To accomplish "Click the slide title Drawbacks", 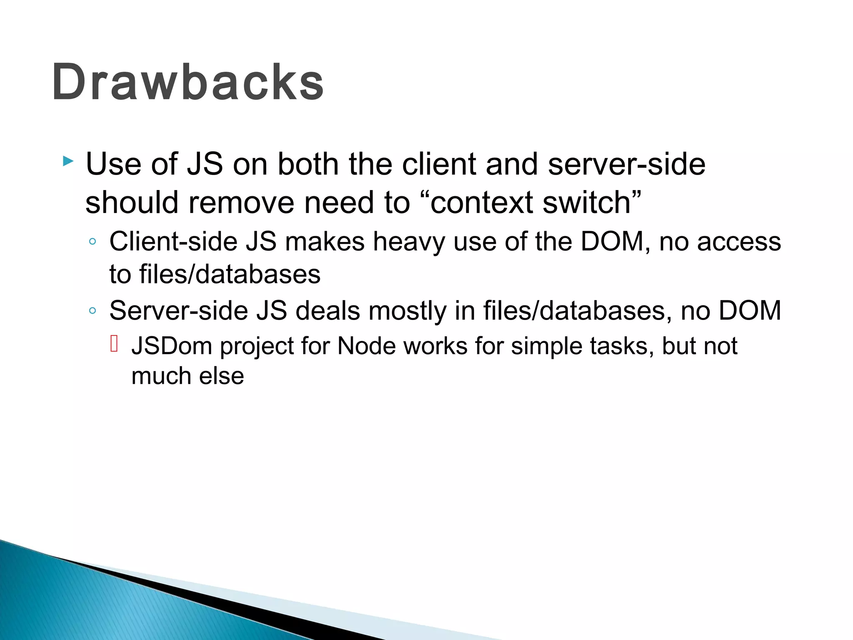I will pos(188,82).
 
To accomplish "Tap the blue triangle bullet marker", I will pos(68,161).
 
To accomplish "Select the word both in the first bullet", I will pos(308,164).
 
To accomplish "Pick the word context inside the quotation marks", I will pos(481,203).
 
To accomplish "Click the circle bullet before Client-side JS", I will pos(92,242).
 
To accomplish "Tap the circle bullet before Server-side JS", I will pos(92,310).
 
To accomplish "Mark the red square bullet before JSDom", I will pos(115,344).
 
